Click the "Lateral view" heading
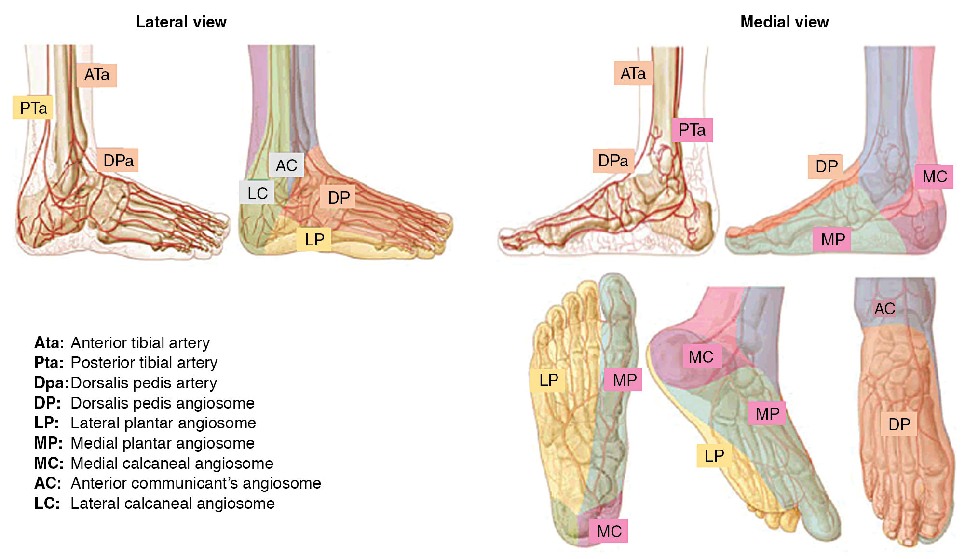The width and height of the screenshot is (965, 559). click(x=181, y=22)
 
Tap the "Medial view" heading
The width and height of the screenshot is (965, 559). click(x=784, y=22)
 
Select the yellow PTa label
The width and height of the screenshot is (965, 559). click(x=33, y=108)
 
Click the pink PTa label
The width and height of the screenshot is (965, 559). click(x=692, y=130)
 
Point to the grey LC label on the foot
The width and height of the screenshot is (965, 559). click(x=257, y=193)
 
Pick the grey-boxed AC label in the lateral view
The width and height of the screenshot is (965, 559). click(x=286, y=165)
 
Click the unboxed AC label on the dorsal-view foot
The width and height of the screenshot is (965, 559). click(x=884, y=309)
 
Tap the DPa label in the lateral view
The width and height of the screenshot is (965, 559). click(x=118, y=160)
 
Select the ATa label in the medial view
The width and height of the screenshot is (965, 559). click(x=633, y=73)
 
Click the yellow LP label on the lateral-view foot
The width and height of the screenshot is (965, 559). click(x=314, y=239)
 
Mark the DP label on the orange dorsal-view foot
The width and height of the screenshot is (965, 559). click(x=899, y=424)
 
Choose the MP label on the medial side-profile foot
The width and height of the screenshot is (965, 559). click(x=832, y=239)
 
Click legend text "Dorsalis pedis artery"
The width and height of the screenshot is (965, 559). click(x=144, y=383)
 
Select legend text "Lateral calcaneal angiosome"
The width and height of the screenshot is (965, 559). click(x=173, y=504)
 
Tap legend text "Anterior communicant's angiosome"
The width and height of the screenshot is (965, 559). click(x=196, y=483)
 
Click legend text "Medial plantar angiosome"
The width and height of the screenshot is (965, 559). click(x=163, y=443)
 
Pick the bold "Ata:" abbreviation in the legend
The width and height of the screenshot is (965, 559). click(x=49, y=343)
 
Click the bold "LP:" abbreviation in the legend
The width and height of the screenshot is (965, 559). click(x=46, y=423)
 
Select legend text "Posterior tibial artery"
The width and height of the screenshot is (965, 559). click(x=144, y=363)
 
